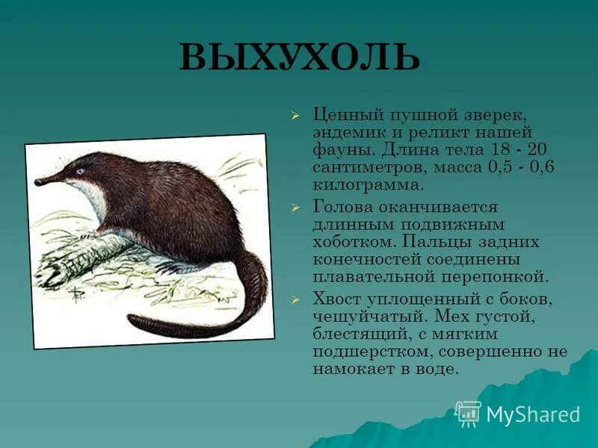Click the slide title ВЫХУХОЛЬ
(x=299, y=58)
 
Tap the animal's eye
(x=79, y=171)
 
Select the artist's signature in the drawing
(x=77, y=295)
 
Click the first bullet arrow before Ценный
(x=295, y=116)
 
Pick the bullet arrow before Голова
(x=295, y=207)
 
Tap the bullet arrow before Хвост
(x=295, y=299)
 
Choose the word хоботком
(x=353, y=242)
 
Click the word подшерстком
(x=372, y=351)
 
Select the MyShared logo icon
(x=468, y=414)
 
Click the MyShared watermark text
(x=533, y=414)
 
